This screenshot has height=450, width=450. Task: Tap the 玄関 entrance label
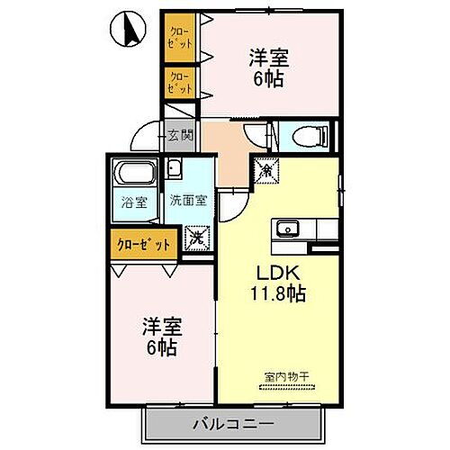pyautogui.click(x=180, y=136)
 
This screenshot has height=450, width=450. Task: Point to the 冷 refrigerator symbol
pyautogui.click(x=266, y=167)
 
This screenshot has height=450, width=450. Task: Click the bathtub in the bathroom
pyautogui.click(x=135, y=173)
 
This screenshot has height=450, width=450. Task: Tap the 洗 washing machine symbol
pyautogui.click(x=195, y=238)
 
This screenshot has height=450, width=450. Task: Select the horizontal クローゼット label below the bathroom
pyautogui.click(x=142, y=244)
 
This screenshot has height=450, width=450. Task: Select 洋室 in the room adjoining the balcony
pyautogui.click(x=159, y=325)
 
